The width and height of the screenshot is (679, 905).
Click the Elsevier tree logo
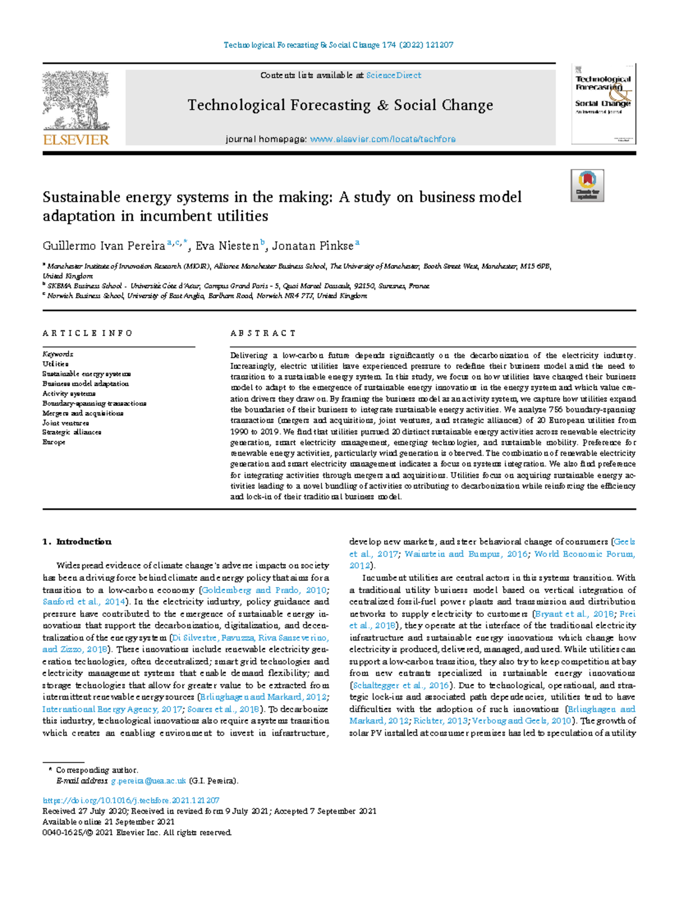75,101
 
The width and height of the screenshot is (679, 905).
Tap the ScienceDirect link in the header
393,75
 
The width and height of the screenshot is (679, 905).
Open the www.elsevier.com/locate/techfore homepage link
383,139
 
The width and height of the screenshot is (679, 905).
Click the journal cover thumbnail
603,104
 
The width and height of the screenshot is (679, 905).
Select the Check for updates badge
587,186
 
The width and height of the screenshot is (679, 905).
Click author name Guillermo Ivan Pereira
104,246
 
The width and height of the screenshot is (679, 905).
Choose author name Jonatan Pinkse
312,246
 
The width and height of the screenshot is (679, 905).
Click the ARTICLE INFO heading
87,333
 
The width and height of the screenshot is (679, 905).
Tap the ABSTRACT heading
263,333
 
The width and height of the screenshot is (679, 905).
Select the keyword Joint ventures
66,423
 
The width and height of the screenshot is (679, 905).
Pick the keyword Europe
54,442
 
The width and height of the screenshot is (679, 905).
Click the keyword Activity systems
69,393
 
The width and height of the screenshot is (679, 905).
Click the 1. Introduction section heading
77,542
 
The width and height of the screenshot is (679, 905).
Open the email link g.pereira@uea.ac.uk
148,781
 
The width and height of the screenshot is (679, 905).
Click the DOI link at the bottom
131,800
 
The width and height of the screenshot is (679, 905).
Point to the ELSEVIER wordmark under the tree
76,140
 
